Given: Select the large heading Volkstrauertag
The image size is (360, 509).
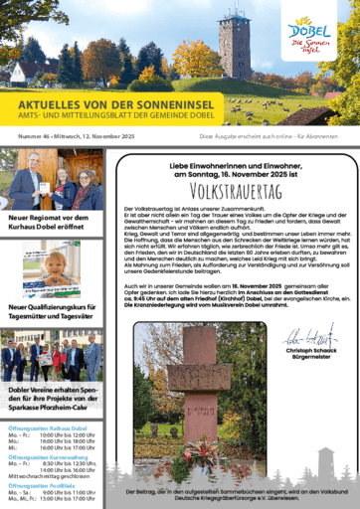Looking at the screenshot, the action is (x=231, y=184).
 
